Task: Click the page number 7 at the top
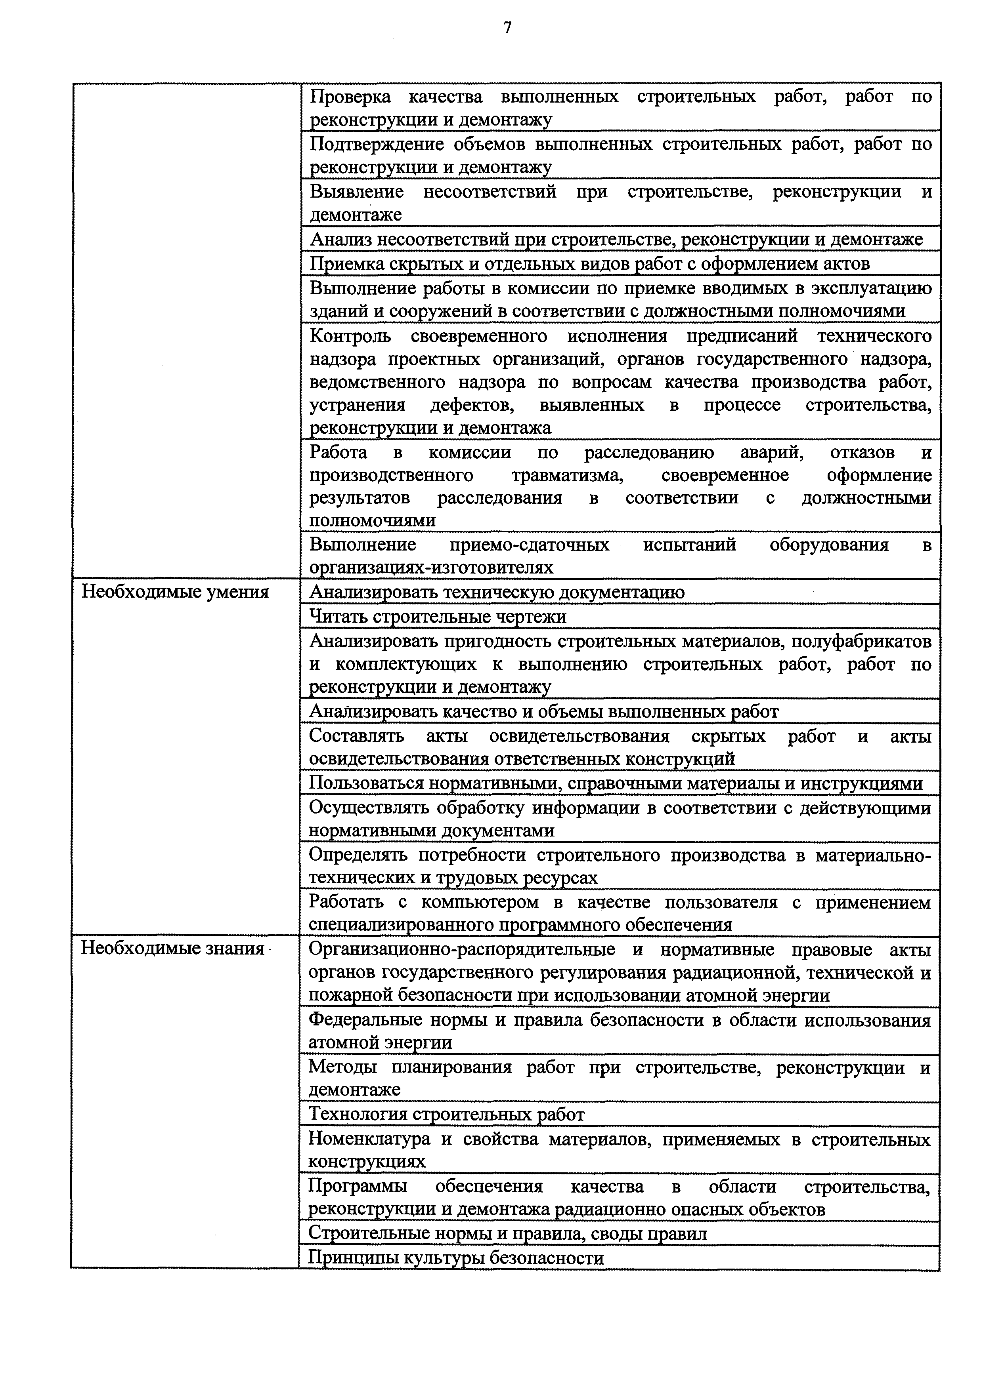[507, 27]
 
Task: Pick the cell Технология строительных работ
[447, 1115]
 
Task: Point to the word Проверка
[350, 97]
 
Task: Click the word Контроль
[350, 336]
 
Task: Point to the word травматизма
[567, 476]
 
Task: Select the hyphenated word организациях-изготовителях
[431, 568]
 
